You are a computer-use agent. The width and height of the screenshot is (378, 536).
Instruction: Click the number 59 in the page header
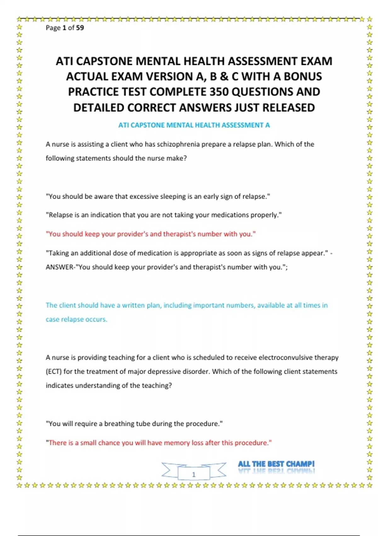tap(80, 28)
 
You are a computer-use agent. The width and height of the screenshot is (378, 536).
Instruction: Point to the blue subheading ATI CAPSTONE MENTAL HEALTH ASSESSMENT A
tap(194, 125)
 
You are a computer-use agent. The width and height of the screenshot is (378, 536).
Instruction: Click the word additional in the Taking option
tap(96, 253)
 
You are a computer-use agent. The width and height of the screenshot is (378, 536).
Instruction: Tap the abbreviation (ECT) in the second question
tap(54, 371)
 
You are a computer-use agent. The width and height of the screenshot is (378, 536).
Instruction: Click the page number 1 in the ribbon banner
tap(194, 474)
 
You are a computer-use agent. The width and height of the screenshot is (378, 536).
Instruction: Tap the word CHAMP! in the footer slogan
tap(300, 464)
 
